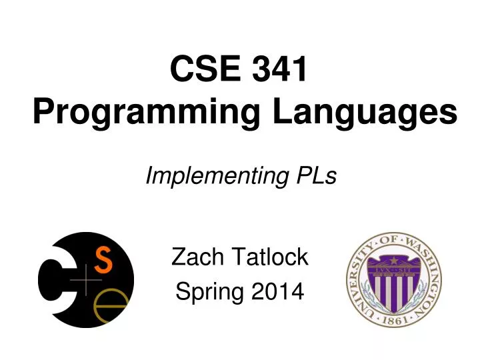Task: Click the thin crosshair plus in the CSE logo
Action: [x=85, y=283]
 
